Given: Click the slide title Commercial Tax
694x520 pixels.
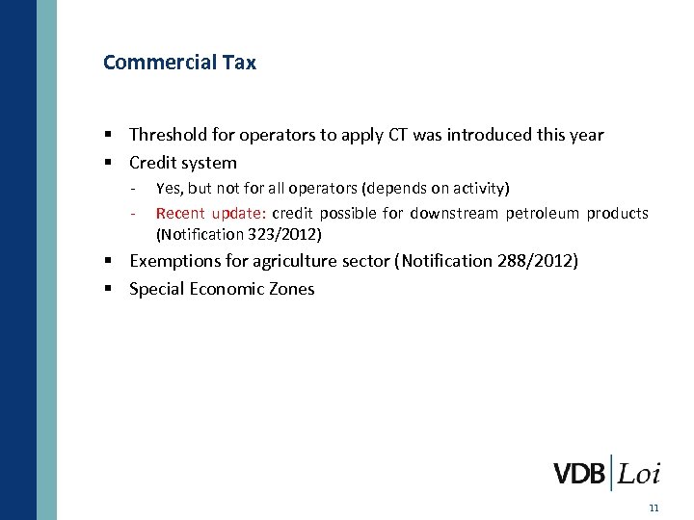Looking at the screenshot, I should point(179,63).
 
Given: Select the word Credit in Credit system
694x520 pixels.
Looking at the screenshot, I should point(154,163).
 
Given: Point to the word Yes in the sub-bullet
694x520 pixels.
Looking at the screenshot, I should point(168,188).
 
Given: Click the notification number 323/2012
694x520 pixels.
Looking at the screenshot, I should point(285,234).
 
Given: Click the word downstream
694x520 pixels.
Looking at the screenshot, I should point(453,213).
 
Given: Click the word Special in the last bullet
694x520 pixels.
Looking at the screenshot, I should point(156,289).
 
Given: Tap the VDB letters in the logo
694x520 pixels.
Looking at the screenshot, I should point(579,474).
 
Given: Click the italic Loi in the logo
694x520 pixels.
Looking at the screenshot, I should point(639,474).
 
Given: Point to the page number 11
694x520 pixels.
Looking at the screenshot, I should point(654,507).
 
